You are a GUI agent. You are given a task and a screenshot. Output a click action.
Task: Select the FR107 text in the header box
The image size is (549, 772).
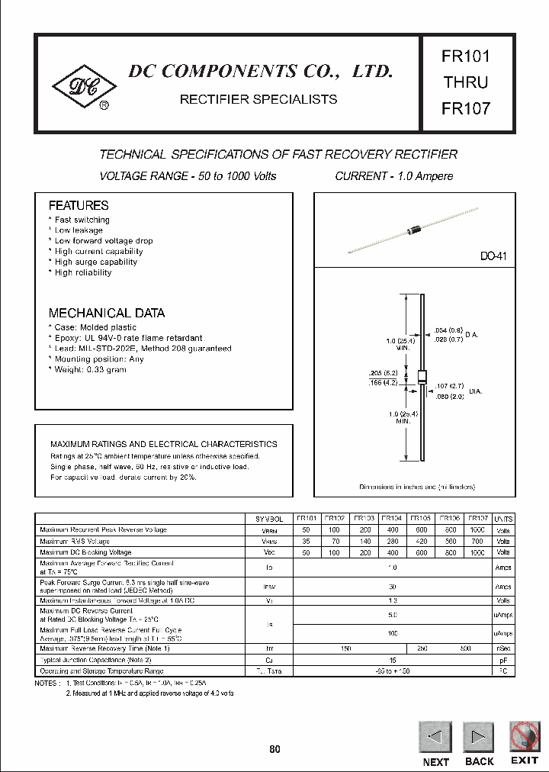coord(465,108)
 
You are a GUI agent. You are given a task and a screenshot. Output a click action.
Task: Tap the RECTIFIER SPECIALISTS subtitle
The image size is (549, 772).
coord(258,99)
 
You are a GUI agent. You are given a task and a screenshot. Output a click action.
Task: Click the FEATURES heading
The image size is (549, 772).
coord(79,206)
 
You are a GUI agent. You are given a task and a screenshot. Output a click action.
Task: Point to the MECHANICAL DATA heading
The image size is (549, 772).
coord(107,314)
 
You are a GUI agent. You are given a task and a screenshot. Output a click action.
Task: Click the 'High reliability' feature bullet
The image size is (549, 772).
coord(82,272)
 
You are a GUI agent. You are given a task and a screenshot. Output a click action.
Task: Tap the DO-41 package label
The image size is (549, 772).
coord(493,258)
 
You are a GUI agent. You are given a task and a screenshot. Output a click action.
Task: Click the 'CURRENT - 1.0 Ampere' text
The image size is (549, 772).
coord(394,176)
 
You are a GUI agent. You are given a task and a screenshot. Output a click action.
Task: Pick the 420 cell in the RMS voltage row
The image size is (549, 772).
coord(421,541)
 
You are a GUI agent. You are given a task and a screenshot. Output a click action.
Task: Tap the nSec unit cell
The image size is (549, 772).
coord(503,648)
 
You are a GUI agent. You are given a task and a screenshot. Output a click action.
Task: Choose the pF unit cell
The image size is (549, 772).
coord(503,659)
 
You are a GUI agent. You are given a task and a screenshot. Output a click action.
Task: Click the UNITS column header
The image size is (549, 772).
coord(503,518)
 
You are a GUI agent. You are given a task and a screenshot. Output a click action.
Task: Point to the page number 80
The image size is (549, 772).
coord(274,750)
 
